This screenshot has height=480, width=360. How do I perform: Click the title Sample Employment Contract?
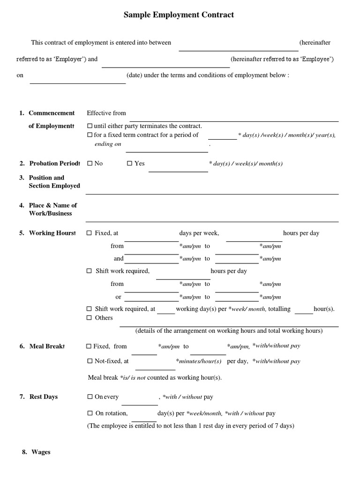[x=179, y=15]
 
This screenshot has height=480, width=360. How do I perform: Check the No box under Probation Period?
[x=90, y=164]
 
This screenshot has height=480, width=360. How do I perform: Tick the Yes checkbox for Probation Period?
[x=130, y=164]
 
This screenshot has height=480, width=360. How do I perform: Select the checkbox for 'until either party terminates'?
[x=90, y=126]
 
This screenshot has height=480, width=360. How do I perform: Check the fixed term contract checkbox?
[x=90, y=135]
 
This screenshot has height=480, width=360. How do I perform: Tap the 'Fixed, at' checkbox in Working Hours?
[x=90, y=233]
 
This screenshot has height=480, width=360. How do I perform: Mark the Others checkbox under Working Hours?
[x=90, y=318]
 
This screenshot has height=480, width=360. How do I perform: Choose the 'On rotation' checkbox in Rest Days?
[x=90, y=413]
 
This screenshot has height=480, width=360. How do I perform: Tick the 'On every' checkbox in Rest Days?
[x=90, y=397]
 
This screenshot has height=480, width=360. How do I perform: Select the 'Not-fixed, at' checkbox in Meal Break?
[x=90, y=361]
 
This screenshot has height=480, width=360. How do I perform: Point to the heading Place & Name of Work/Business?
[x=52, y=209]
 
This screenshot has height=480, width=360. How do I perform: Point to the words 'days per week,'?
[x=199, y=233]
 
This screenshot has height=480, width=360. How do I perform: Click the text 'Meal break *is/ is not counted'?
[x=155, y=378]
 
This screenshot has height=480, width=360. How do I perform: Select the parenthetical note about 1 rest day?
[x=191, y=426]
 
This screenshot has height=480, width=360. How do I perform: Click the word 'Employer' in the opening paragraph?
[x=69, y=59]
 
